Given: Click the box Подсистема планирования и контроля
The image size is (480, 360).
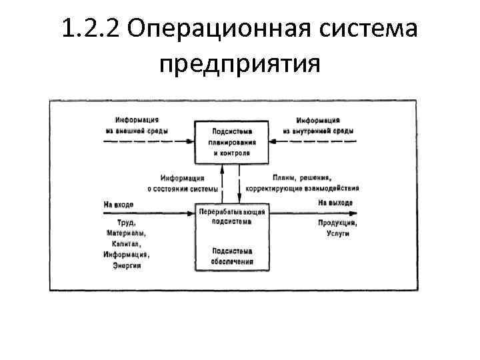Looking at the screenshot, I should (x=232, y=141).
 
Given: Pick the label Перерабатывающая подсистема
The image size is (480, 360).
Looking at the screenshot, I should (x=232, y=217).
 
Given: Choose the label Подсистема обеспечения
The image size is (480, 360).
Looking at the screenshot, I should (x=232, y=256).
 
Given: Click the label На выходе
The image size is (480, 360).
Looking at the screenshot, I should (x=335, y=203).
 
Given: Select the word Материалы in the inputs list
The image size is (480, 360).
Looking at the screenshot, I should (x=125, y=233).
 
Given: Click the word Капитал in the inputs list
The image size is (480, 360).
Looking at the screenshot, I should (x=125, y=244).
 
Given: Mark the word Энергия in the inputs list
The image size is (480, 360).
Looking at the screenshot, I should (x=125, y=265).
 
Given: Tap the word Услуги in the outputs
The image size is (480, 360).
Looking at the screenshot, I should (x=337, y=233).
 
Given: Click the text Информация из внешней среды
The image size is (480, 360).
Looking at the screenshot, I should (x=136, y=124).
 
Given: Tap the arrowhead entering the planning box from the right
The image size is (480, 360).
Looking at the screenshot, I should (x=273, y=141).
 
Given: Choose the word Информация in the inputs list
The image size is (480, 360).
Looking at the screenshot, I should (x=125, y=255).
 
